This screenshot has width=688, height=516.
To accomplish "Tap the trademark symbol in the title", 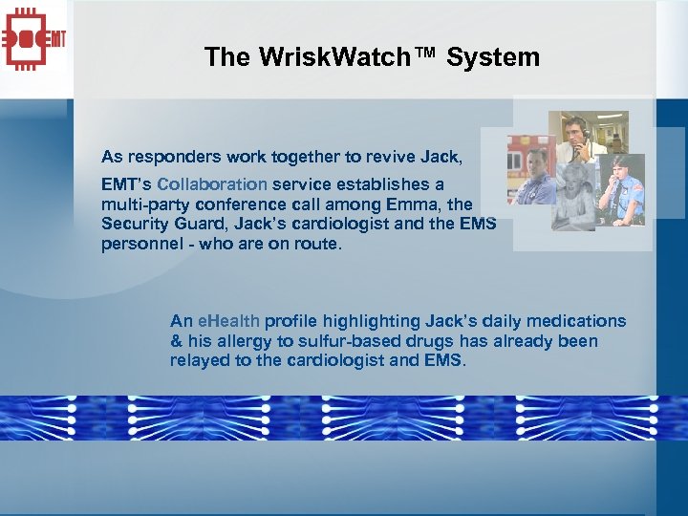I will coord(427,55).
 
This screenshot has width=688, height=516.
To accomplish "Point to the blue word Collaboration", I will coord(212,183).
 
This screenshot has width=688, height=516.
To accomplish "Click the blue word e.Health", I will coord(229,321).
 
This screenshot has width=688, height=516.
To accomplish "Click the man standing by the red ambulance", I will coord(537,177).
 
